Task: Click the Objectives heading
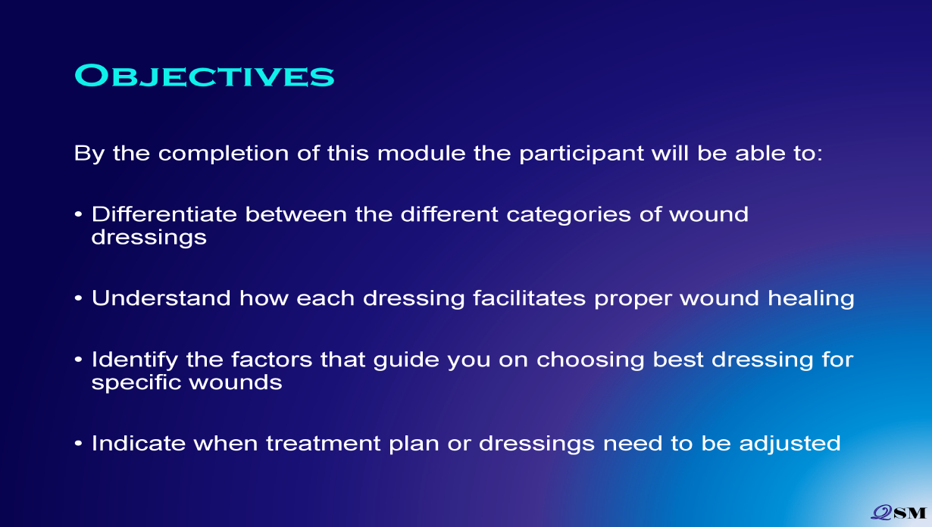(x=205, y=76)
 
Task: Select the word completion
(x=224, y=154)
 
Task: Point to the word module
(x=421, y=153)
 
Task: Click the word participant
(x=582, y=154)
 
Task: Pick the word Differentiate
(x=164, y=214)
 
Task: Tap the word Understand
(x=161, y=298)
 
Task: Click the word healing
(x=811, y=299)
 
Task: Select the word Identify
(x=134, y=360)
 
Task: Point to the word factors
(x=271, y=360)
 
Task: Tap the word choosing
(x=590, y=360)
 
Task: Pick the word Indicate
(x=139, y=443)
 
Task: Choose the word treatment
(x=324, y=443)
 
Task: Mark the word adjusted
(x=790, y=444)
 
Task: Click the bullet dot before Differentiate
(x=78, y=214)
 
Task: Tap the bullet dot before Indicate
(x=78, y=443)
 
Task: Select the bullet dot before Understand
(x=78, y=298)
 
